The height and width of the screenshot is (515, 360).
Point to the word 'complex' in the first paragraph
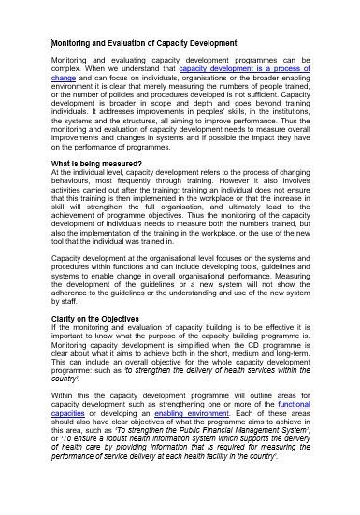coord(65,68)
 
